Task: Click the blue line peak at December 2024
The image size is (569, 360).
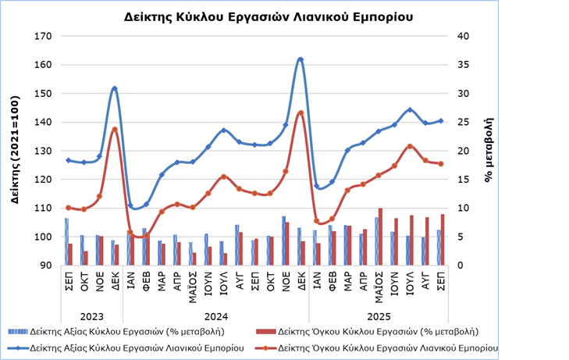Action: tap(301, 59)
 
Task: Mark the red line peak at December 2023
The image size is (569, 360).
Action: tap(115, 130)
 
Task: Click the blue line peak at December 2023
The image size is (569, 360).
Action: tap(115, 88)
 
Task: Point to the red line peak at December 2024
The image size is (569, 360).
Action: tap(301, 113)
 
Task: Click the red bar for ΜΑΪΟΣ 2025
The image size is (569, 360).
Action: tap(381, 237)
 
